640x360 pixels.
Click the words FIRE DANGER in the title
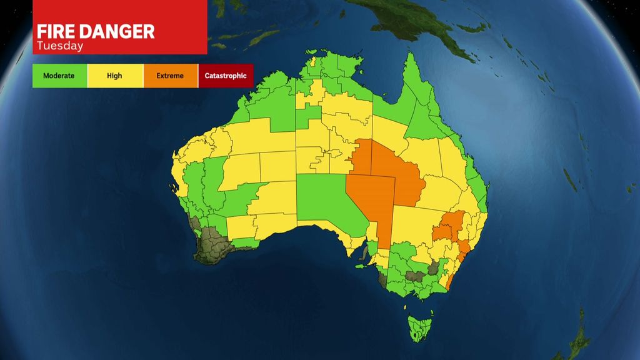coord(96,32)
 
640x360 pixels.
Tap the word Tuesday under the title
coord(60,46)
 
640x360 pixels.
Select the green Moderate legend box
coord(59,76)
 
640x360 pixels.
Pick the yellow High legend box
coord(114,76)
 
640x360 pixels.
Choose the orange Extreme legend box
coord(170,76)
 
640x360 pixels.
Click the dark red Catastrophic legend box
coord(226,76)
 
